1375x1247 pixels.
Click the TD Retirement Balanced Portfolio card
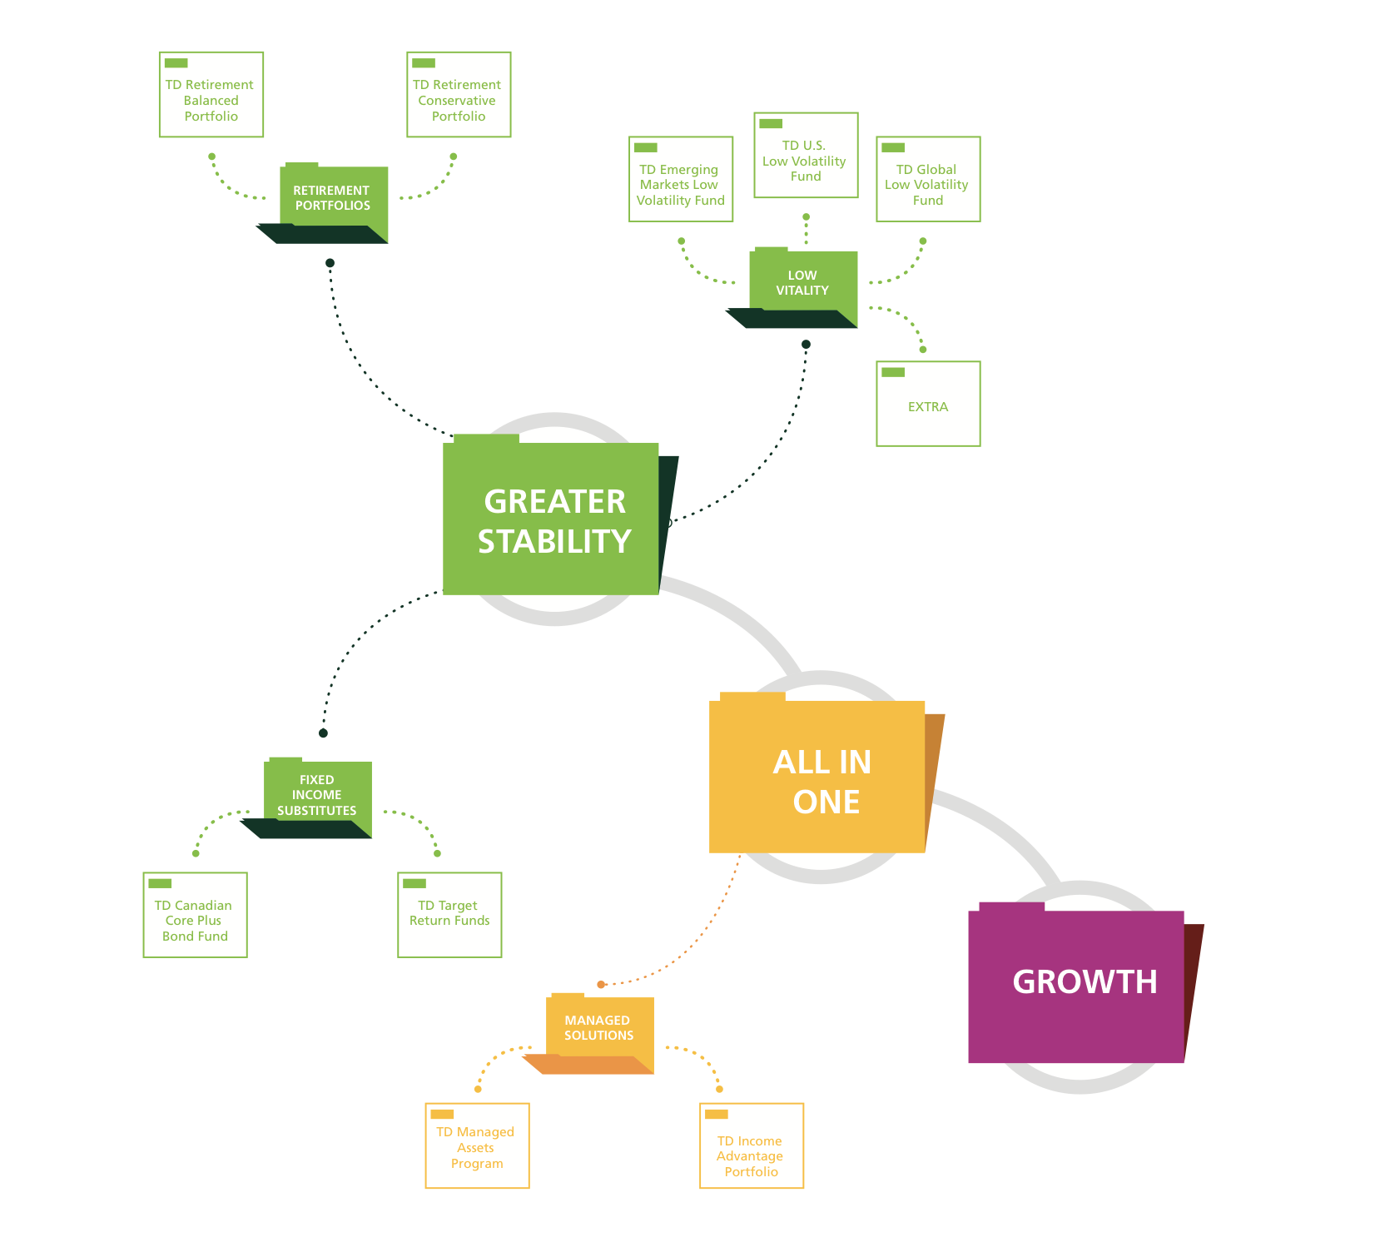point(211,95)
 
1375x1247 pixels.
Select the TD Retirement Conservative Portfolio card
point(459,95)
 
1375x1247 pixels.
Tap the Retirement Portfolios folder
point(333,199)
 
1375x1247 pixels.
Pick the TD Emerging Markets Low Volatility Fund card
point(681,180)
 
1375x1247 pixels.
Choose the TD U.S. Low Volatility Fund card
point(806,156)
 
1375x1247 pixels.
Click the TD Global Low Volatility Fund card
point(928,180)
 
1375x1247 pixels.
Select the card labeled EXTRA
point(928,405)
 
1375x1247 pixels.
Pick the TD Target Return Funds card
point(449,916)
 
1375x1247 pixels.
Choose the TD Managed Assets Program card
point(477,1146)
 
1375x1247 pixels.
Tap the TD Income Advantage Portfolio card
point(752,1146)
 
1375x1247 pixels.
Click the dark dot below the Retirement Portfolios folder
point(330,263)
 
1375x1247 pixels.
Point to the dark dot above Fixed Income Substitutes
point(323,733)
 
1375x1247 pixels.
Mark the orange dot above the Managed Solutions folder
point(601,985)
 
